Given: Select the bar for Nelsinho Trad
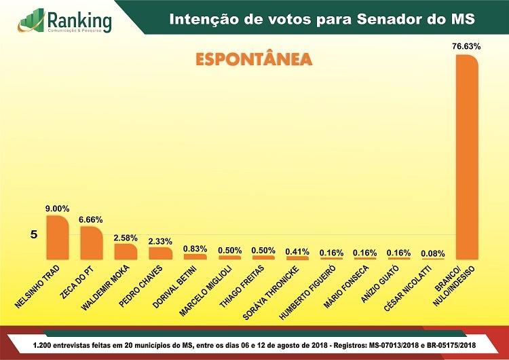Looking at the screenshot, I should coord(57,237).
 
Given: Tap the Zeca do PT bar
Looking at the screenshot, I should coord(91,242).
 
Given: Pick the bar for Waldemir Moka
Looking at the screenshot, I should coord(126,251).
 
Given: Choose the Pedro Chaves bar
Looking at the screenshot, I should coord(160,253).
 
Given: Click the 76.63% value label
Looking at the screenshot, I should coord(466,47).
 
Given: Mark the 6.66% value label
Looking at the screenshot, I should coord(91,219).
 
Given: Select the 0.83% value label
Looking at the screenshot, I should coord(195,249).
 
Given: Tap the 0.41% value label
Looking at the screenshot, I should coord(297,251).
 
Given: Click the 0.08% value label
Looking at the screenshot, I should coord(433,253).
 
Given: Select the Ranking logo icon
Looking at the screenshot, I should coord(30,20).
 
